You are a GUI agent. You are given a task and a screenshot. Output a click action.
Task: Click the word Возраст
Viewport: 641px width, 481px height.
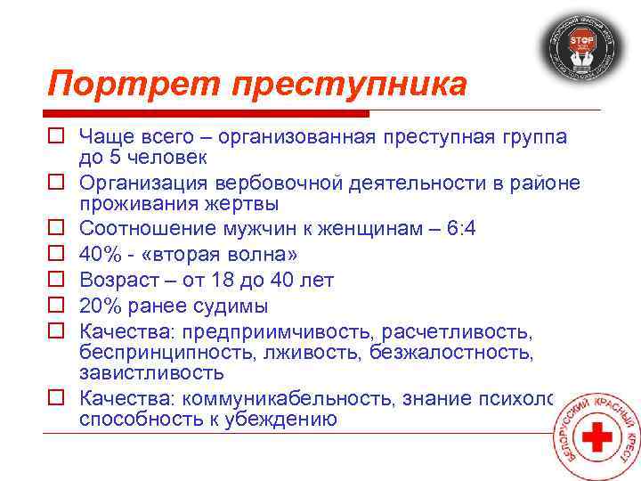click(x=119, y=281)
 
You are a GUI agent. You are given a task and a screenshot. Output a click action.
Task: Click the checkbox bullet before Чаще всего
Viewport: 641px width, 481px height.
click(x=55, y=136)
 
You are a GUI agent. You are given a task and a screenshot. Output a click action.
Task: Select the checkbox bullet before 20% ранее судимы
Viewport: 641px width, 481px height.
click(x=55, y=306)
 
